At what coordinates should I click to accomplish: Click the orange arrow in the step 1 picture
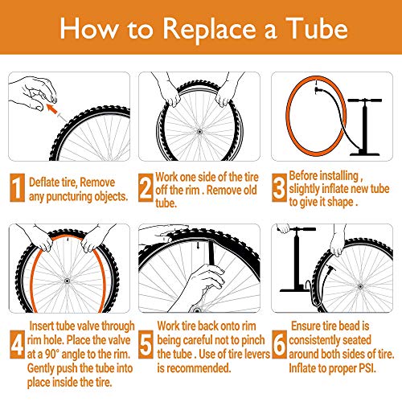tap(52, 101)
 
